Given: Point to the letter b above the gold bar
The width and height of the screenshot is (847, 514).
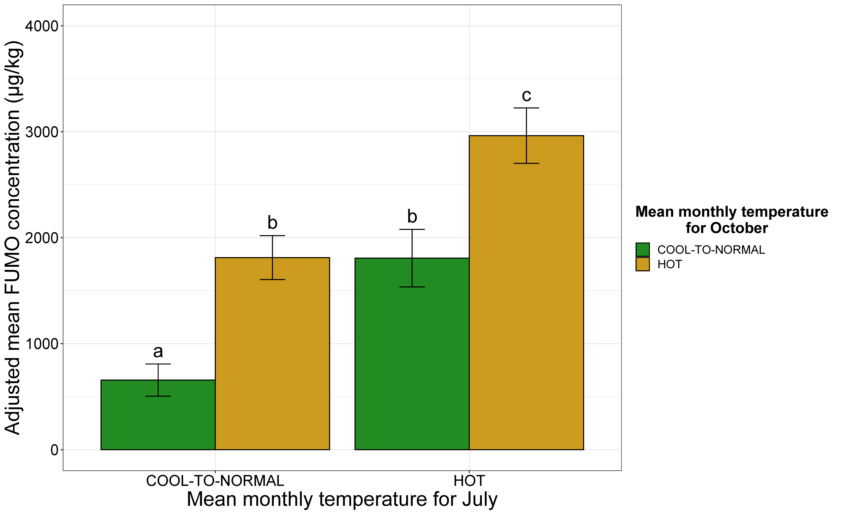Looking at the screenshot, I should pos(272,223).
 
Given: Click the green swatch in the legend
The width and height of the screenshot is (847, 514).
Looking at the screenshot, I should pos(643,249).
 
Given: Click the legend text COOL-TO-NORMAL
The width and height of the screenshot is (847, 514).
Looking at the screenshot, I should pos(711,250).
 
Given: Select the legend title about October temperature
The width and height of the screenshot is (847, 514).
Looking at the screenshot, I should pos(732,220).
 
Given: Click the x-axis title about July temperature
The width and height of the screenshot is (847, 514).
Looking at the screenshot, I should pos(342,499).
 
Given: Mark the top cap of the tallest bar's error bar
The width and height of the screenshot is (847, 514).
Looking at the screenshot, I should pos(526,108).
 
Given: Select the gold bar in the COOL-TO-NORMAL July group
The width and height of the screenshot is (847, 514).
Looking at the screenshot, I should pos(272,361).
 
